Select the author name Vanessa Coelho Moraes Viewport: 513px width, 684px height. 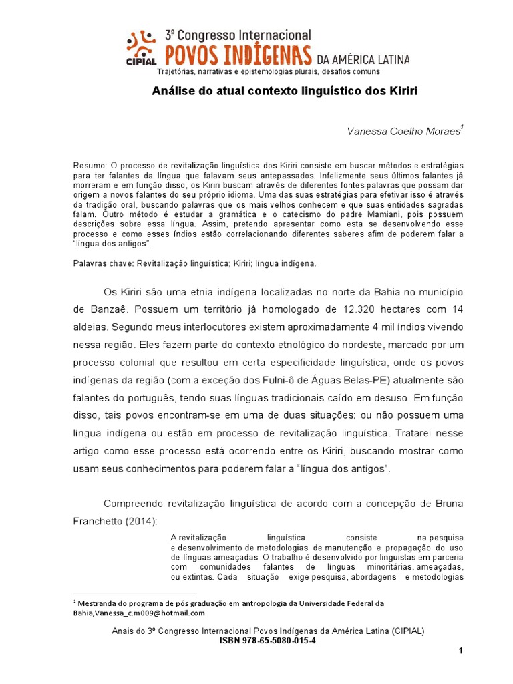click(x=403, y=132)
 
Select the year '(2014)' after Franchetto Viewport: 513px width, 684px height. click(x=147, y=520)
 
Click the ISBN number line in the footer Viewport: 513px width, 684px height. click(x=268, y=641)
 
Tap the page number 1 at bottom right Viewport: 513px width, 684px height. click(x=461, y=652)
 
